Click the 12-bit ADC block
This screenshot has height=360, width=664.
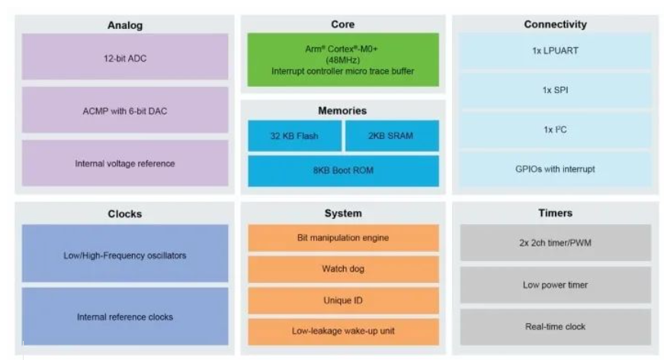coord(125,57)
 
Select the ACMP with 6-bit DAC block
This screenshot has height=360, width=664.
coord(125,111)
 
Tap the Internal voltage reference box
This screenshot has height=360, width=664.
coord(125,163)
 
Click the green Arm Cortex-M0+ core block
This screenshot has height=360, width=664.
coord(343,59)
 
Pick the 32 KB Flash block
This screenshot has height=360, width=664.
coord(294,137)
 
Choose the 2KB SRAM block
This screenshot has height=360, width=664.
coord(392,137)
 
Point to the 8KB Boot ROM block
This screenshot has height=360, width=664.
coord(343,171)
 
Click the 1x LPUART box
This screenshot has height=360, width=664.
coord(555,52)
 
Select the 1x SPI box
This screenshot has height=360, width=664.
coord(555,90)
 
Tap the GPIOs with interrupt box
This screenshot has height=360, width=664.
coord(555,169)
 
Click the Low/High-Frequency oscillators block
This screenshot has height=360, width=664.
coord(125,255)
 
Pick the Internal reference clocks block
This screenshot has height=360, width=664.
coord(125,317)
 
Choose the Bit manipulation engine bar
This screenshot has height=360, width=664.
coord(343,238)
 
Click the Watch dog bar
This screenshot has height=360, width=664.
coord(343,269)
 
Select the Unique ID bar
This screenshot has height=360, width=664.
coord(343,301)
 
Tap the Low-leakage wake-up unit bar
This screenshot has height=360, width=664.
coord(343,331)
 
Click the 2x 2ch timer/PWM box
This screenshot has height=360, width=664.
coord(555,243)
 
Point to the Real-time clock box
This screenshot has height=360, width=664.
coord(555,326)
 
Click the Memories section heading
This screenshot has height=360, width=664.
coord(342,111)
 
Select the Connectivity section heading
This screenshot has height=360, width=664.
coord(555,24)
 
